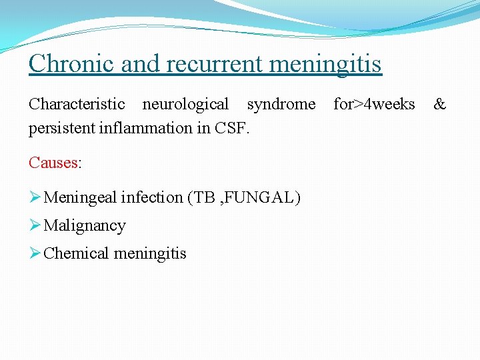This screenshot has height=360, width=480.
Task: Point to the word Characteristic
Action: pyautogui.click(x=77, y=105)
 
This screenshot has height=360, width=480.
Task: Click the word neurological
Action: pyautogui.click(x=185, y=105)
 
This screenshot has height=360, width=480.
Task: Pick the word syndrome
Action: pyautogui.click(x=281, y=105)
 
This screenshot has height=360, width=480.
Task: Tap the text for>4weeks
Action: pyautogui.click(x=373, y=105)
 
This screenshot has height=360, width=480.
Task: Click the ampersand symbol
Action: pyautogui.click(x=440, y=105)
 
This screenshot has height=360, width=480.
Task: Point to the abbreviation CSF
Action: pyautogui.click(x=232, y=128)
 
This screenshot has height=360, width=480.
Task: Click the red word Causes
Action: pyautogui.click(x=53, y=162)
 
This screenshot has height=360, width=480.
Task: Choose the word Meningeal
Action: pyautogui.click(x=79, y=197)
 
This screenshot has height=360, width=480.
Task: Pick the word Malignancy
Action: pyautogui.click(x=84, y=226)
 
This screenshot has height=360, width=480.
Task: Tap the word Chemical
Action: pyautogui.click(x=76, y=253)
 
